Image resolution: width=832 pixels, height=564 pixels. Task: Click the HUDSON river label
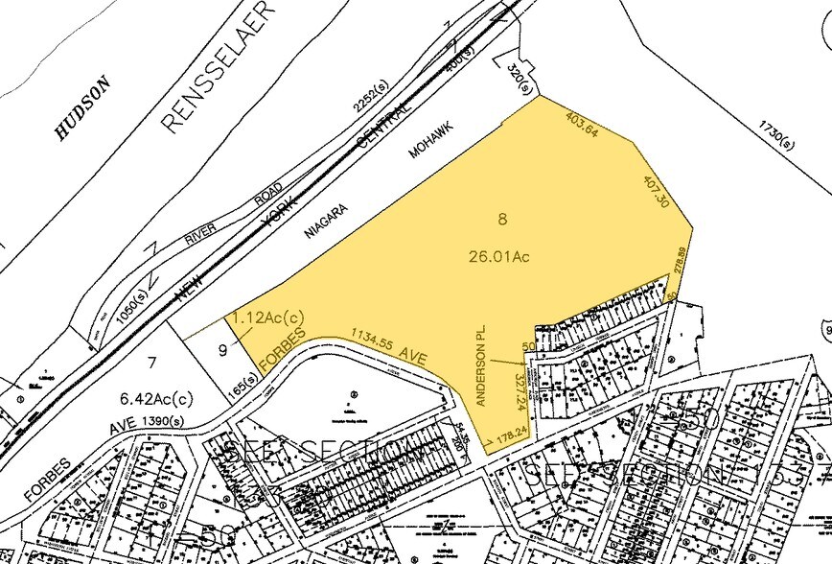coord(82,109)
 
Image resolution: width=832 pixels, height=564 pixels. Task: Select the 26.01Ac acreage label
coord(499,256)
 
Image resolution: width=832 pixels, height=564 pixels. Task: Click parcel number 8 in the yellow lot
coord(501,220)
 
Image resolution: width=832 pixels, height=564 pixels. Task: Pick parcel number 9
coord(222,350)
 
